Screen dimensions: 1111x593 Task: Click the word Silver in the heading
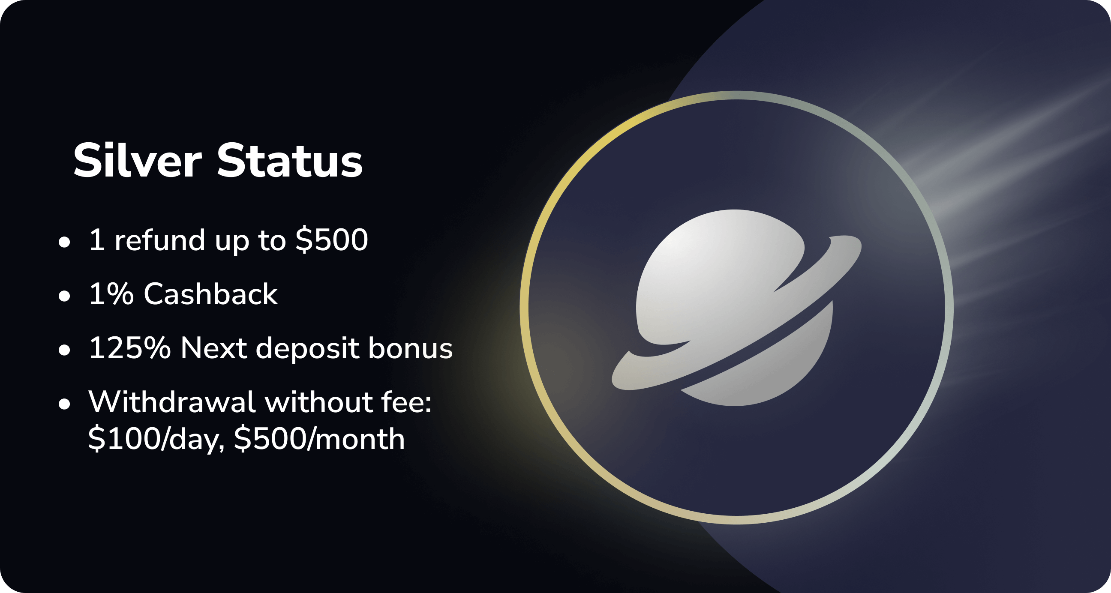[x=138, y=160]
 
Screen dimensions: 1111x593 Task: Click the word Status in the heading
[x=289, y=160]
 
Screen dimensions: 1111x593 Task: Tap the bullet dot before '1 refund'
[x=64, y=242]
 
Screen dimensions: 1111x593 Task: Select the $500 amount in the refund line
[x=332, y=240]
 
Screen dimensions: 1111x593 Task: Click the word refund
[x=159, y=240]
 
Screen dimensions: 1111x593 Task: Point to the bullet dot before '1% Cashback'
[x=64, y=296]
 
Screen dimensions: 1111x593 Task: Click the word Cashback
[x=211, y=294]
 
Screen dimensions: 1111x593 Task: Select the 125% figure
[x=129, y=348]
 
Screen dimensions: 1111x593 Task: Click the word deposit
[x=307, y=349]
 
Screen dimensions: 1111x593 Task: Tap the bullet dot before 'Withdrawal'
[x=64, y=404]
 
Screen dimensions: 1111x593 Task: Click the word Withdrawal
[x=172, y=402]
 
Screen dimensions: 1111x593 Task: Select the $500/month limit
[x=320, y=440]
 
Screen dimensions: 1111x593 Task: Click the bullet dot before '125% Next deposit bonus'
[x=64, y=350]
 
